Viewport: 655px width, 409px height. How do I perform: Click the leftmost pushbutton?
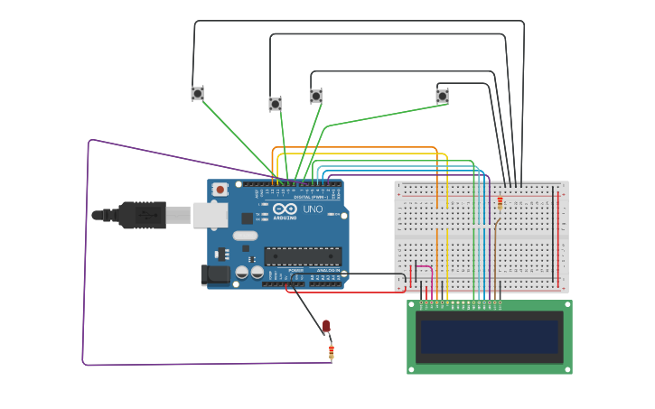tap(197, 93)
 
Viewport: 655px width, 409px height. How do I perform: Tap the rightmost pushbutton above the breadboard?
tap(442, 96)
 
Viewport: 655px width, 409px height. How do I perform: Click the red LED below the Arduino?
tap(326, 326)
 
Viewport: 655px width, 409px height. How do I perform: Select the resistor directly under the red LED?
tap(331, 351)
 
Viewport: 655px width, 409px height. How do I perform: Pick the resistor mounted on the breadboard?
tap(500, 202)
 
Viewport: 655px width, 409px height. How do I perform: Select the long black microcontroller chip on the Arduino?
tap(303, 256)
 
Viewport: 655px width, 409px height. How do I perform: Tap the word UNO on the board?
tap(313, 209)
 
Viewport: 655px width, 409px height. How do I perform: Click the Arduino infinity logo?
tap(285, 209)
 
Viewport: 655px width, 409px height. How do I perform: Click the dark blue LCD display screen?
tap(489, 337)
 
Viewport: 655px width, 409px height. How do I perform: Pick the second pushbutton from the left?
tap(275, 104)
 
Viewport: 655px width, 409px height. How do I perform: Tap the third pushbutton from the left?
tap(315, 96)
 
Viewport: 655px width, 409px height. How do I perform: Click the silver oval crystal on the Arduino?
tap(245, 236)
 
